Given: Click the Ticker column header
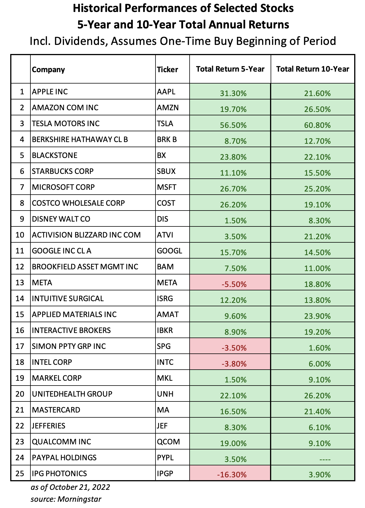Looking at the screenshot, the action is click(x=167, y=70).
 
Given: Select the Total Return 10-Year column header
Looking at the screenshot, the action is click(x=313, y=69).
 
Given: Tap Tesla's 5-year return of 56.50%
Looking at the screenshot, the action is click(x=233, y=125).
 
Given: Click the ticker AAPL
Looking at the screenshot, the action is click(x=166, y=92).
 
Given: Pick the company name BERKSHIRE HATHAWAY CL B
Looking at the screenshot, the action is click(x=80, y=140).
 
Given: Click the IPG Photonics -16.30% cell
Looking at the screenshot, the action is click(x=230, y=474).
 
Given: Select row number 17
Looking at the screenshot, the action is click(x=20, y=346).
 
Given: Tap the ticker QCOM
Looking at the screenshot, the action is click(x=168, y=442).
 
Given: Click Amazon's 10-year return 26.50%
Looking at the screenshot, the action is click(x=318, y=109).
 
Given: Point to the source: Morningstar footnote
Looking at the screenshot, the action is click(x=66, y=499).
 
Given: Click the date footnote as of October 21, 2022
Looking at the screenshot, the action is click(x=70, y=487).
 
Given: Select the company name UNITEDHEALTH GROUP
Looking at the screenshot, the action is click(x=72, y=394).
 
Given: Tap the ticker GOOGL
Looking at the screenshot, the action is click(x=169, y=251).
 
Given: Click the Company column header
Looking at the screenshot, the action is click(x=48, y=70).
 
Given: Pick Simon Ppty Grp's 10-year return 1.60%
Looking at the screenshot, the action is click(x=320, y=348).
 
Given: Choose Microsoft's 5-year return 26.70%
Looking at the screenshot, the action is click(x=233, y=189).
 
